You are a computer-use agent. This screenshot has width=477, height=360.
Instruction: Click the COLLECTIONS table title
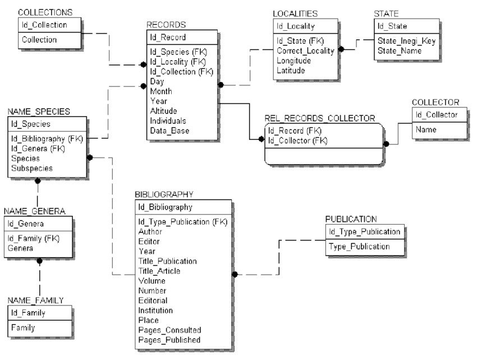pyautogui.click(x=45, y=12)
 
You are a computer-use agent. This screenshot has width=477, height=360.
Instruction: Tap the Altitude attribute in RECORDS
pyautogui.click(x=163, y=111)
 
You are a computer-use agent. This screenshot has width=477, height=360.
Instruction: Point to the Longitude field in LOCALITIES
pyautogui.click(x=294, y=61)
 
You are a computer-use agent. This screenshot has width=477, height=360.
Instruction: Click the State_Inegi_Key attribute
pyautogui.click(x=402, y=42)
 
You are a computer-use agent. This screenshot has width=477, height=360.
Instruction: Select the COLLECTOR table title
pyautogui.click(x=435, y=102)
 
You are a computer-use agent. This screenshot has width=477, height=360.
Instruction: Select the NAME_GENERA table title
pyautogui.click(x=35, y=211)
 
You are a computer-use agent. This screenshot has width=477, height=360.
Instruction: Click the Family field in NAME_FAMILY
pyautogui.click(x=24, y=328)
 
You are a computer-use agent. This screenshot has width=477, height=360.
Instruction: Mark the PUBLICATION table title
pyautogui.click(x=351, y=218)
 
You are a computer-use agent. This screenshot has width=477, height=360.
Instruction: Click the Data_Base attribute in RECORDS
pyautogui.click(x=169, y=130)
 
